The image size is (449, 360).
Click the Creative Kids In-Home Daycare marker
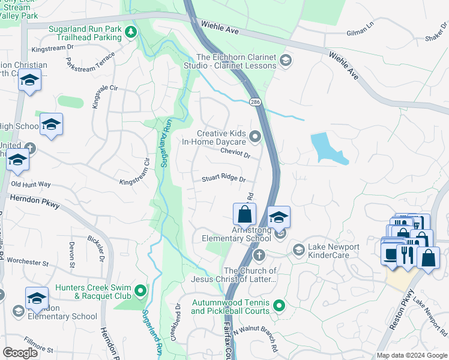(255, 137)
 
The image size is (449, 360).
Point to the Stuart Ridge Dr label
(223, 179)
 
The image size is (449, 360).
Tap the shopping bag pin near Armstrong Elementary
(244, 214)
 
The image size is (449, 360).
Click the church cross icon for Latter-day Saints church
(259, 256)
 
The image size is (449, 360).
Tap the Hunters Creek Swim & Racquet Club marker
(140, 291)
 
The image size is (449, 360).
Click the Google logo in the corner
(20, 353)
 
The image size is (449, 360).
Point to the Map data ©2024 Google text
(411, 355)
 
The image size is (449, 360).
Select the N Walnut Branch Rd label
(256, 339)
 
